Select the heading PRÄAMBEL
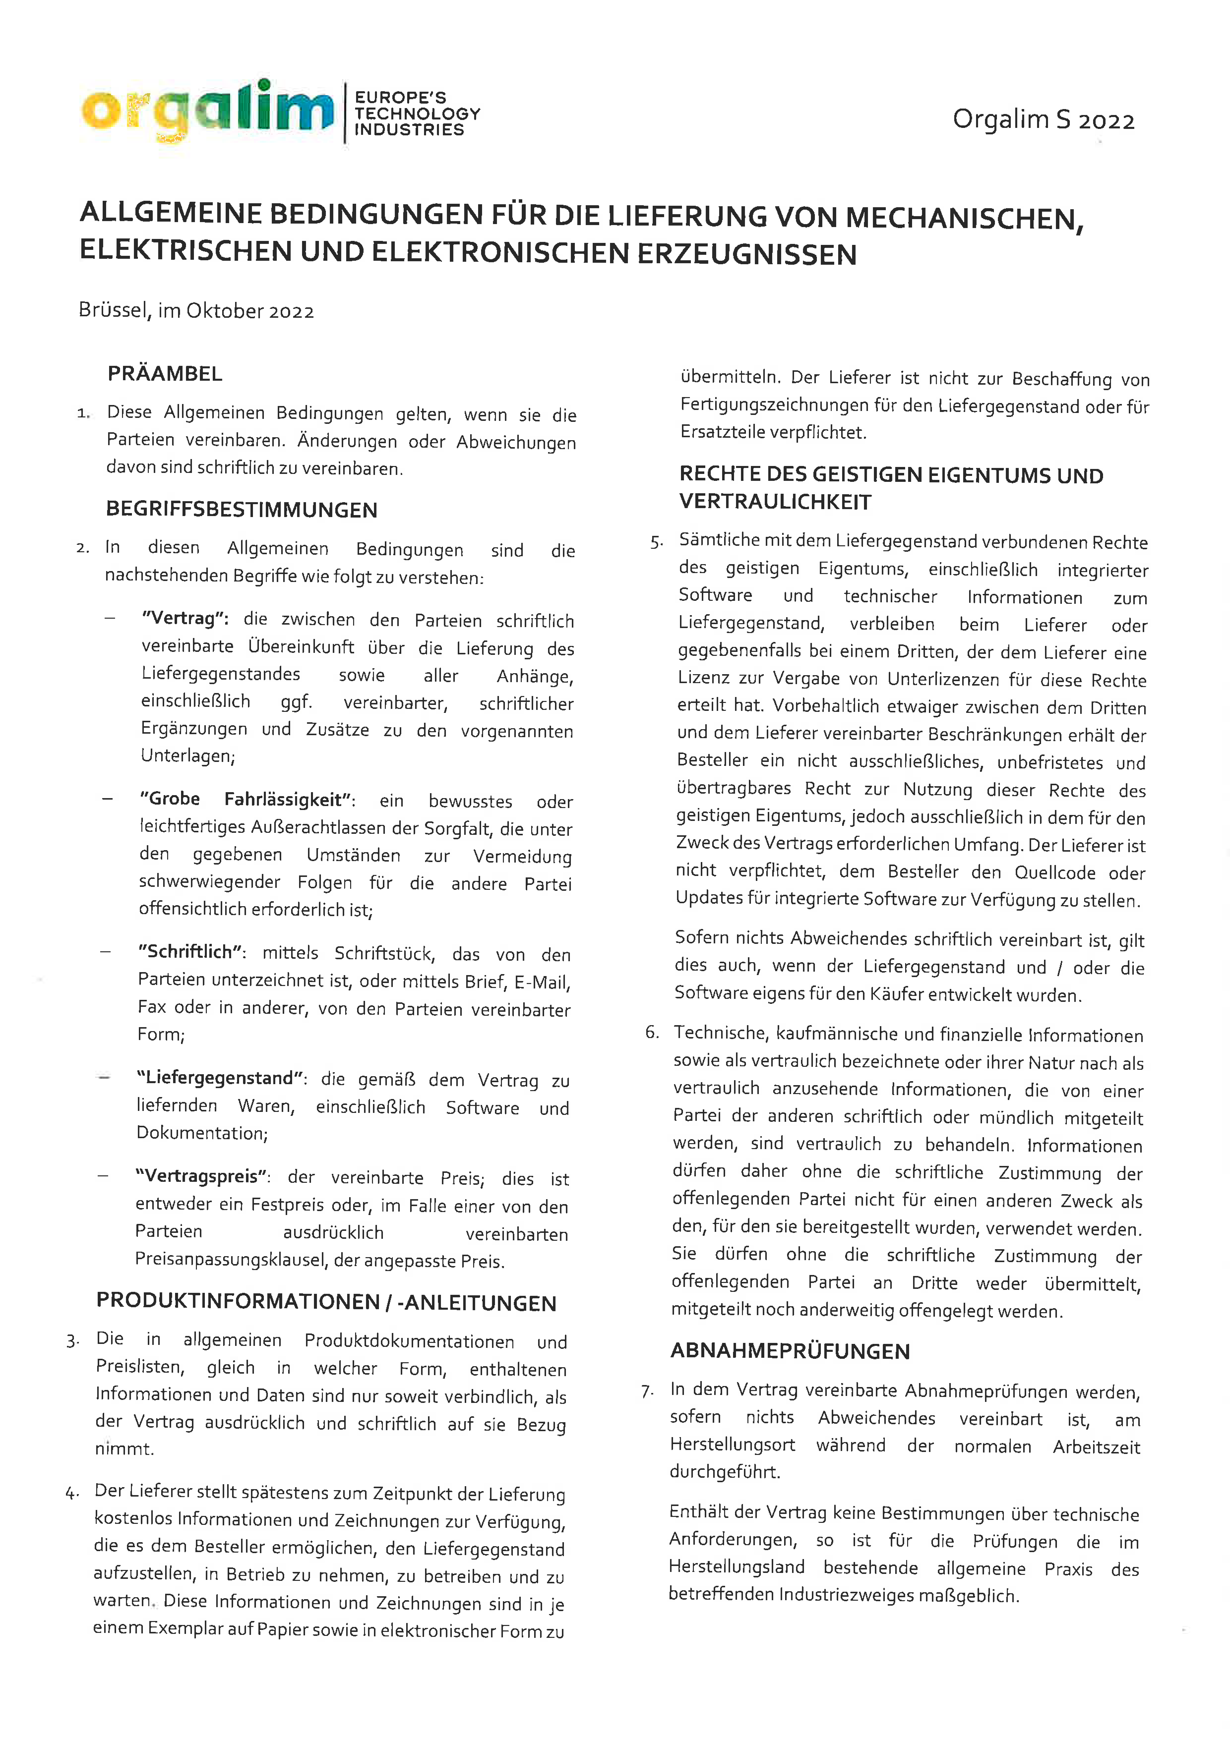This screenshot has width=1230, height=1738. [x=165, y=374]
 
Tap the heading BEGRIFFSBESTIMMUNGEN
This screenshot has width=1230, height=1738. [x=242, y=509]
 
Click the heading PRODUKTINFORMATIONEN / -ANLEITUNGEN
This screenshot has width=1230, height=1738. [x=326, y=1302]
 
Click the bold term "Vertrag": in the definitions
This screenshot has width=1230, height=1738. [x=185, y=618]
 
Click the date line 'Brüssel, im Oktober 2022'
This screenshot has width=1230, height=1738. [x=196, y=310]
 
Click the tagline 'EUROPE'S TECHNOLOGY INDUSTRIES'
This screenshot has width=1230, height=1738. [x=417, y=114]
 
